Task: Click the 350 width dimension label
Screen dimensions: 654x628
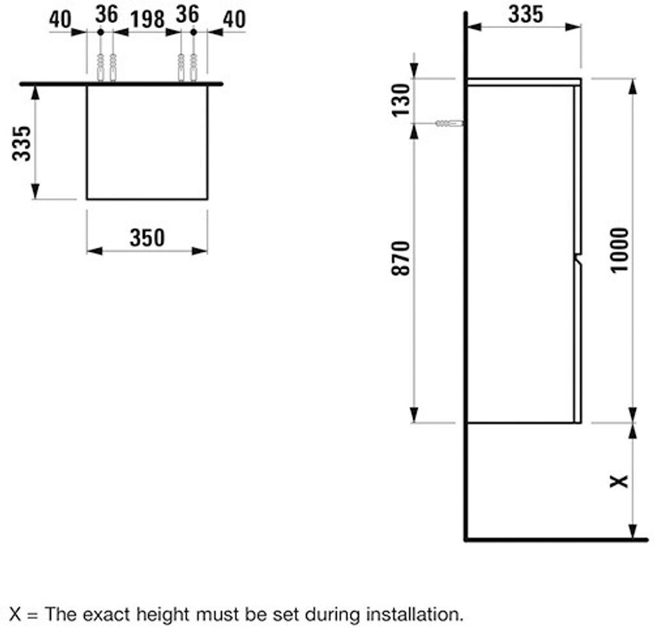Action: click(x=147, y=237)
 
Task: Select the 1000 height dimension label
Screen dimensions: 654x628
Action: click(x=620, y=249)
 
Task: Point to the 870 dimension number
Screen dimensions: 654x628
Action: click(x=400, y=258)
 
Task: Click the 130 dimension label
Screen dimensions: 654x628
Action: click(x=400, y=100)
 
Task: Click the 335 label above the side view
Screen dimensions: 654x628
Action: click(x=525, y=14)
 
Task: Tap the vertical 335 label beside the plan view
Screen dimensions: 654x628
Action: click(x=22, y=144)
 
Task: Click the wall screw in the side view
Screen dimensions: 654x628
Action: click(x=449, y=123)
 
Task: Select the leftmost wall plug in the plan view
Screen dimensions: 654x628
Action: click(x=100, y=68)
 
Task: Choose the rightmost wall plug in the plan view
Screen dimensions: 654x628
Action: click(x=194, y=68)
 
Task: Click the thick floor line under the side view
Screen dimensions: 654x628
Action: click(x=556, y=540)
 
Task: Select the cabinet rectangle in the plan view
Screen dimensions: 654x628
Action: click(x=147, y=142)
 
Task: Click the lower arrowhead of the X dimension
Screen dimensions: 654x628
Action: click(x=633, y=533)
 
